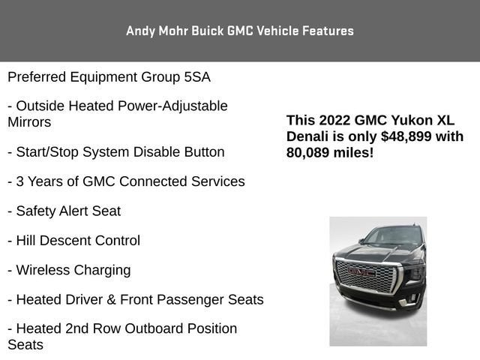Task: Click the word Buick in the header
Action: (x=208, y=31)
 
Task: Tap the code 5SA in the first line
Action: (x=197, y=76)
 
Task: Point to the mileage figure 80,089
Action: (x=307, y=153)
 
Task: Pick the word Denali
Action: (x=307, y=136)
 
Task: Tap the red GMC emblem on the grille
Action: (x=361, y=271)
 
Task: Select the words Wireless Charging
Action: (x=73, y=271)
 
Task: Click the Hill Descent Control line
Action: (x=74, y=241)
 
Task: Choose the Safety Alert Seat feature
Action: (x=64, y=211)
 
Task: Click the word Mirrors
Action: (x=29, y=122)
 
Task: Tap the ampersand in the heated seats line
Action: (x=111, y=300)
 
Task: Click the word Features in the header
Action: (x=328, y=31)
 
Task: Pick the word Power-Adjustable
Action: (x=172, y=106)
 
